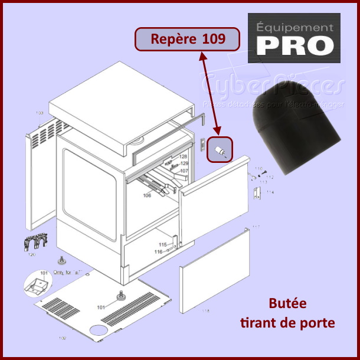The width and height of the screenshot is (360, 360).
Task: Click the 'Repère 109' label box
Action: [188, 40]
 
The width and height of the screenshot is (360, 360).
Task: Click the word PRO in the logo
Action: [293, 45]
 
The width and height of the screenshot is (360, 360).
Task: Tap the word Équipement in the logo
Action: [293, 27]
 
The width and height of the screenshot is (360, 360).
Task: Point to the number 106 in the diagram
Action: [147, 195]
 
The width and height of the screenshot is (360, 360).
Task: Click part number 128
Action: [184, 156]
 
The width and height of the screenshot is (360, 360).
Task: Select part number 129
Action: [184, 163]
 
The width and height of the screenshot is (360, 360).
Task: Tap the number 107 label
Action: [184, 171]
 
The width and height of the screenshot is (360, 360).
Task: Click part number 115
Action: [162, 244]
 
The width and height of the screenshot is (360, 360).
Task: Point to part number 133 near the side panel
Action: [40, 113]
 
